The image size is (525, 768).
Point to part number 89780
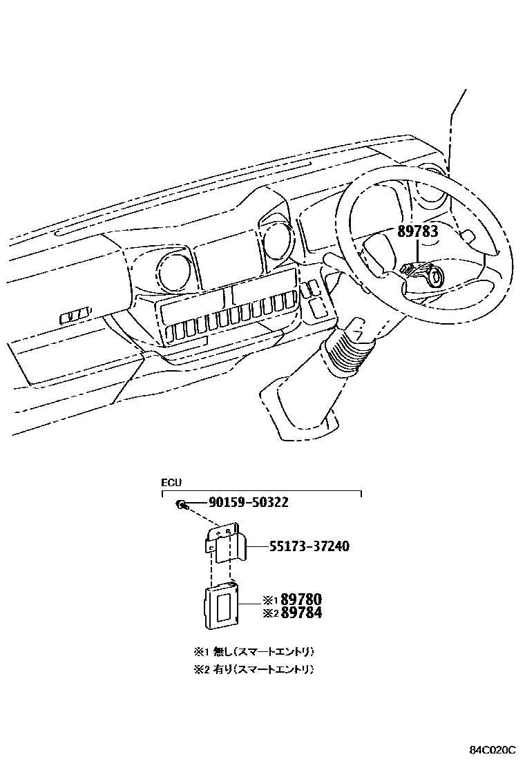[301, 599]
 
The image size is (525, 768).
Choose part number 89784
[301, 613]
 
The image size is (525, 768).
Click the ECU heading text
[171, 483]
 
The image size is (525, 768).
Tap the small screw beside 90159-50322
[180, 505]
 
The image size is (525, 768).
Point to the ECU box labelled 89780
[220, 604]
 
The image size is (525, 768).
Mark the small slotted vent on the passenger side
[75, 317]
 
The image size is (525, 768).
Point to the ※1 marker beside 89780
[270, 599]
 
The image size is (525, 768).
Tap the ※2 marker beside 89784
[270, 613]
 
